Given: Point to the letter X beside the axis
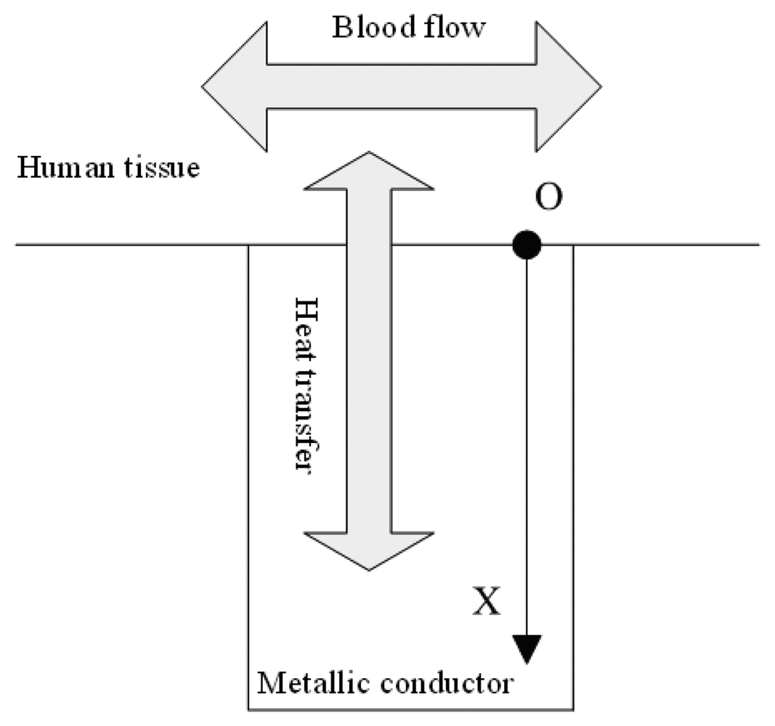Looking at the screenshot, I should point(486,602).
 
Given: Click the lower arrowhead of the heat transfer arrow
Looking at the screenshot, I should point(369,552).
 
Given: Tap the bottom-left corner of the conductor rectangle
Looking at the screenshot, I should point(249,709).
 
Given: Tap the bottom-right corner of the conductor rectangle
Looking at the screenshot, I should point(574,709).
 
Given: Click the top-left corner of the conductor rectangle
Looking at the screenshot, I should point(249,245).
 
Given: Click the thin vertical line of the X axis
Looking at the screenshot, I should point(527,436).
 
